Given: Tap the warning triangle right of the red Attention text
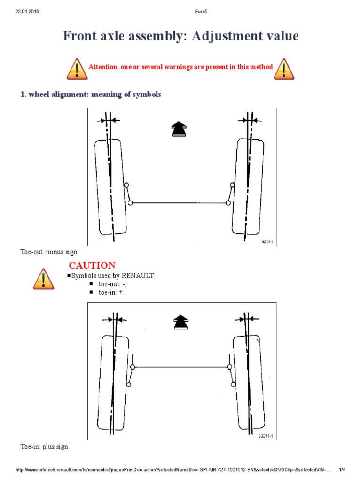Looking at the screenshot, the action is pos(284,69).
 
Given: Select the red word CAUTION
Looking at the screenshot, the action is pos(92,265).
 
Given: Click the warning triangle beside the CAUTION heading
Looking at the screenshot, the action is pos(44,279).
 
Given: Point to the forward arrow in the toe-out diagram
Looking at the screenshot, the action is pos(178,129).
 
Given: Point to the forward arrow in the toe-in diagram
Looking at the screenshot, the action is pos(180,322).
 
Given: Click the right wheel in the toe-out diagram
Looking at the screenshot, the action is pos(248,187).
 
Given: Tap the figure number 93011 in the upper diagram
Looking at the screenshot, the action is pos(267,242).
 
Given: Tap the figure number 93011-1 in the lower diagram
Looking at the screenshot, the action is pos(266,436).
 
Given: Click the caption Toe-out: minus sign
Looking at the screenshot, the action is pos(48,252).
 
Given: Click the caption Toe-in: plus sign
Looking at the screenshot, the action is pos(45,447).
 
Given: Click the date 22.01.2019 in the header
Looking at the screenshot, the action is pos(27,12).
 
